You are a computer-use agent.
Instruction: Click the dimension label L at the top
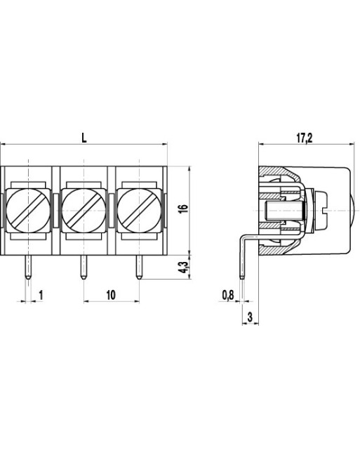tap(84, 138)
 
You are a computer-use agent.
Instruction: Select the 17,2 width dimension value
tap(304, 138)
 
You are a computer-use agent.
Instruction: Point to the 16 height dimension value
tap(182, 209)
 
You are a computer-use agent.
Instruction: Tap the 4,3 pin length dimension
tap(182, 267)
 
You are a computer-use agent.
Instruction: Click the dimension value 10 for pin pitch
tap(111, 295)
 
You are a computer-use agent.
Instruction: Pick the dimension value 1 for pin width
tap(41, 295)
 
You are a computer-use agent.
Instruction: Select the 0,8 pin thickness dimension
tap(227, 295)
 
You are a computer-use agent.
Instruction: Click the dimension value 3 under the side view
tap(251, 317)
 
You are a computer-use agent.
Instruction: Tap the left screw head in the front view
tap(28, 209)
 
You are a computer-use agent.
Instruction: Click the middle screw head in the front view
tap(84, 209)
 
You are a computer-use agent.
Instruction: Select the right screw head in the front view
tap(138, 209)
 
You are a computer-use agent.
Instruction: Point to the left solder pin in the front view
tap(28, 267)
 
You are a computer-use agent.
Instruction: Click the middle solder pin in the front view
tap(84, 267)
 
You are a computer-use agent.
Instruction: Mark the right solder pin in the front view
tap(138, 267)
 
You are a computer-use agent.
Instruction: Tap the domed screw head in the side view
tap(349, 209)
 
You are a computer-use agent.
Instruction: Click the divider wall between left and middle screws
tap(56, 209)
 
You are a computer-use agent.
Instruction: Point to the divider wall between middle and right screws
tap(111, 209)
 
